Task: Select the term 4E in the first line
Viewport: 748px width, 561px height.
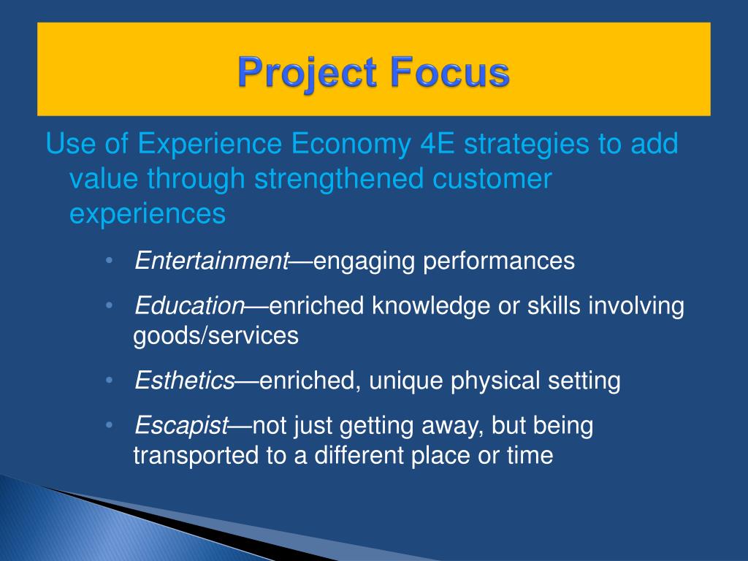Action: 440,144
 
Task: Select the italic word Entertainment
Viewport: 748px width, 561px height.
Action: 212,261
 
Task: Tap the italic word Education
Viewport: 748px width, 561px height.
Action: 189,306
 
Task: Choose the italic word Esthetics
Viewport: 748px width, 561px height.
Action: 185,381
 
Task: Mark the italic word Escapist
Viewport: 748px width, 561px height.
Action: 182,426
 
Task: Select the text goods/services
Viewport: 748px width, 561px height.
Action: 215,336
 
